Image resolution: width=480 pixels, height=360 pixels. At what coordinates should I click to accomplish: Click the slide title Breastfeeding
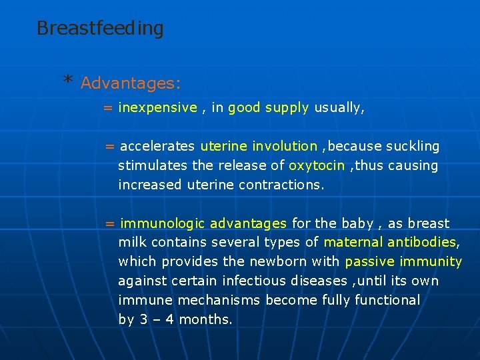100,29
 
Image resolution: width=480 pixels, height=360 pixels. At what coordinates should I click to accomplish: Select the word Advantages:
131,83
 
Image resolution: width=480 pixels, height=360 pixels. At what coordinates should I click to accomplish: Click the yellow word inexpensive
158,108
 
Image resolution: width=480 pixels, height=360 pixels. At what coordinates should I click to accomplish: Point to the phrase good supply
268,108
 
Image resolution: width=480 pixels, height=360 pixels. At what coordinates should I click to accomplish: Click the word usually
339,108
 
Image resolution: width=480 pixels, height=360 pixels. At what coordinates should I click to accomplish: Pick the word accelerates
157,146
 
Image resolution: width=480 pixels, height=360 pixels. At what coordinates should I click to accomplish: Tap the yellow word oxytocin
317,165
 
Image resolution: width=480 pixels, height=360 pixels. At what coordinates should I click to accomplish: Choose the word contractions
283,185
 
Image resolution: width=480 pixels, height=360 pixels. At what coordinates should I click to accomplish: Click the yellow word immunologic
163,223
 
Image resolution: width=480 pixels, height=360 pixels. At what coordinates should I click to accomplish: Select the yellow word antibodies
422,243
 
